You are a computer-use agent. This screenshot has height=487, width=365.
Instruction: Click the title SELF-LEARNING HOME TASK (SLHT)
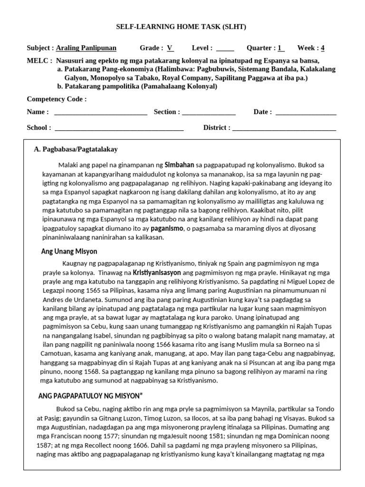[x=182, y=27]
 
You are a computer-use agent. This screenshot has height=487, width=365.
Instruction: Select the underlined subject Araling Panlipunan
[x=86, y=48]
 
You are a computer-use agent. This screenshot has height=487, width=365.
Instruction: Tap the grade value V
[x=170, y=48]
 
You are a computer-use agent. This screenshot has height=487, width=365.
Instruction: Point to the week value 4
[x=323, y=48]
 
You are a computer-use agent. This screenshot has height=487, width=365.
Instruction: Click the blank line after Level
[x=225, y=49]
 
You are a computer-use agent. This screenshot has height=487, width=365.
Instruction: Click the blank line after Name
[x=100, y=113]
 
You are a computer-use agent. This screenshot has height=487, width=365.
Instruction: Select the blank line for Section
[x=209, y=113]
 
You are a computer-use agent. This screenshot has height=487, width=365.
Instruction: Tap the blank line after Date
[x=306, y=113]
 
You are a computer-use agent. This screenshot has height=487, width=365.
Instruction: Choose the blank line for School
[x=119, y=128]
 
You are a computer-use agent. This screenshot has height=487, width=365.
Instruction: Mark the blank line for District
[x=284, y=128]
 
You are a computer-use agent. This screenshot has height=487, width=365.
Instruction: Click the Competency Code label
[x=57, y=99]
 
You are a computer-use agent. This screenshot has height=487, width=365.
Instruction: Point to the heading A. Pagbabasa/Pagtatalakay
[x=76, y=149]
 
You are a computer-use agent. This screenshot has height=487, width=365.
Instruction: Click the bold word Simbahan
[x=179, y=165]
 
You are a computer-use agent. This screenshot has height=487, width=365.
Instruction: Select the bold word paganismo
[x=167, y=228]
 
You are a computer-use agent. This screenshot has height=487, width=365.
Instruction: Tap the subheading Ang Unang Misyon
[x=69, y=251]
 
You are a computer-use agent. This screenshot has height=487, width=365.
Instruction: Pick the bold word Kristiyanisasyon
[x=156, y=273]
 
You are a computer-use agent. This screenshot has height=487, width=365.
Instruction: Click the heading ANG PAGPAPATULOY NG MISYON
[x=90, y=396]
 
